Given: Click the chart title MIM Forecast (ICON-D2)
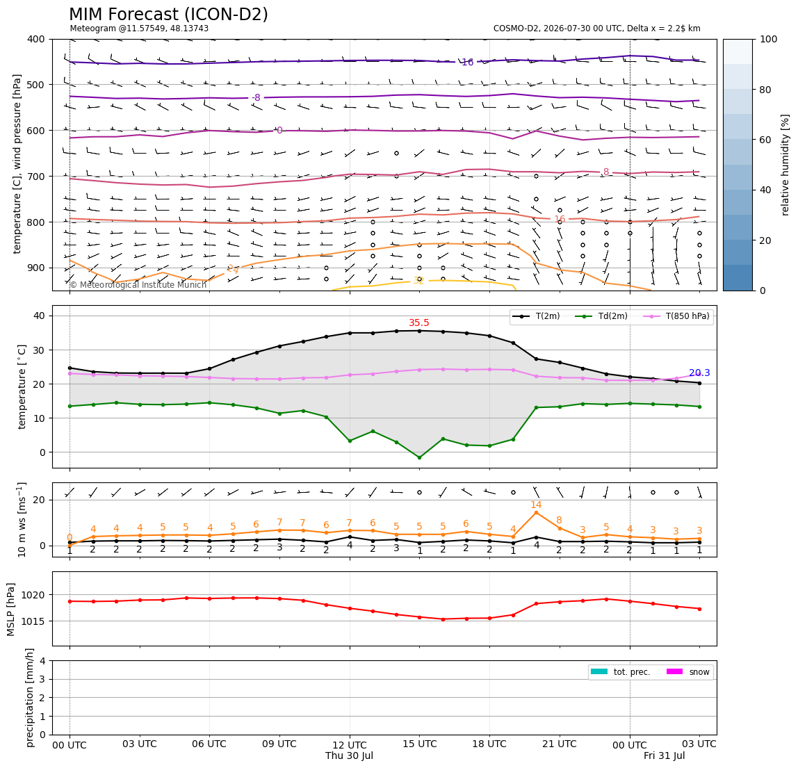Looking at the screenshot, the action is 168,15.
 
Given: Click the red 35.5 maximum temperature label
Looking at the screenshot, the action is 419,322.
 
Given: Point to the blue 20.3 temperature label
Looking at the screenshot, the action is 699,373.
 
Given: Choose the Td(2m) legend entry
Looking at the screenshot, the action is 601,316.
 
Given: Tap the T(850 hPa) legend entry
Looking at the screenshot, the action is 676,316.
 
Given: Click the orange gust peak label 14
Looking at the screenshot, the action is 536,505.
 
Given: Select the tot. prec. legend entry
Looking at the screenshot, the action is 620,672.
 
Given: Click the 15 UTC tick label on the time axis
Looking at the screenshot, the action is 419,744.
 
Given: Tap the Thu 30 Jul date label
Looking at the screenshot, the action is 349,755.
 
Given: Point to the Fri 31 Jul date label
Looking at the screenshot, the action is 664,755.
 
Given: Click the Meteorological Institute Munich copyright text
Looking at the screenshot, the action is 138,284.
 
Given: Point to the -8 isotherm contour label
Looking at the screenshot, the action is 256,97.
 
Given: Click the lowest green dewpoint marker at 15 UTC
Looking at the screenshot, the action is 419,457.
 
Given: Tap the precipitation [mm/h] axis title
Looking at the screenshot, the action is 30,697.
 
